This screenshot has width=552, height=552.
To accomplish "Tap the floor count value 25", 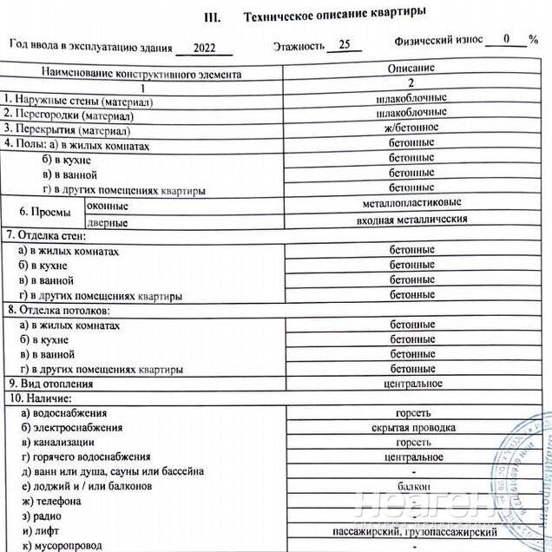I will click(x=344, y=46).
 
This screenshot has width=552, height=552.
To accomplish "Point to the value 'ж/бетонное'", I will click(x=412, y=128).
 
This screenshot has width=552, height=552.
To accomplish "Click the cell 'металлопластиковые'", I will click(x=412, y=202).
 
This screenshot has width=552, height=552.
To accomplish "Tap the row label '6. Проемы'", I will click(x=44, y=211).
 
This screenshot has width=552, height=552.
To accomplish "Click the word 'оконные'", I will click(x=108, y=206).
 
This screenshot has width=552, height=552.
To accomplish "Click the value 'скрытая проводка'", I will click(x=412, y=428).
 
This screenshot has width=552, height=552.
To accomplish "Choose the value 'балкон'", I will click(x=412, y=487).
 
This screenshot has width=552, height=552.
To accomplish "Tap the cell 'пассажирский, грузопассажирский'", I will click(x=414, y=531).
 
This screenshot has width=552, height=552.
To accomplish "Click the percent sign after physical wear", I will click(x=533, y=40).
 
